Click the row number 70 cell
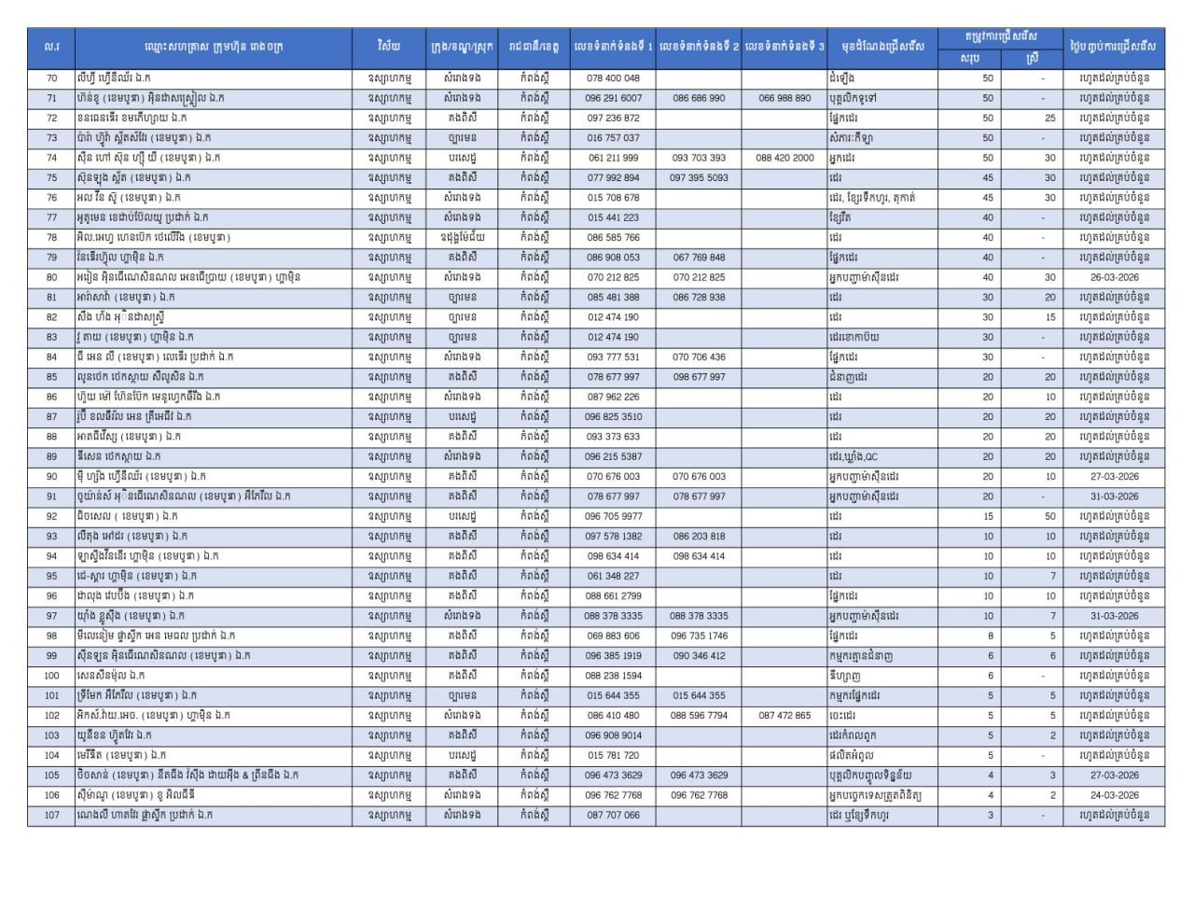coord(51,78)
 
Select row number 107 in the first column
coord(51,816)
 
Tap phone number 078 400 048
coord(613,78)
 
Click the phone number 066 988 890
coord(784,98)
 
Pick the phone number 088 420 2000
coord(784,158)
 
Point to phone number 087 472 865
coord(784,716)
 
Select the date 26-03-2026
coord(1114,277)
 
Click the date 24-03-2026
coord(1114,795)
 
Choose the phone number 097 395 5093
coord(699,177)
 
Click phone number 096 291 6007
coord(613,98)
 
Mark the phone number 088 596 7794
coord(699,716)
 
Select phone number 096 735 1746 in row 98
coord(699,636)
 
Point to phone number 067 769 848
coord(699,258)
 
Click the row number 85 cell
coord(51,377)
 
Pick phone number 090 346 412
coord(699,656)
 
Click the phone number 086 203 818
coord(699,537)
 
